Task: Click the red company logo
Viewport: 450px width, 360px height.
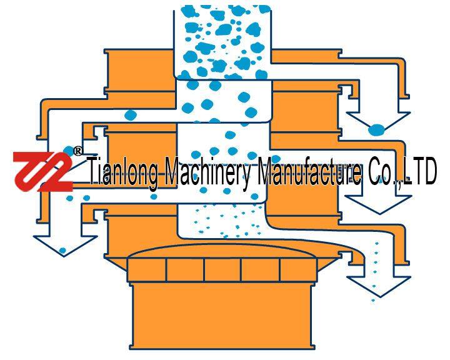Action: pos(42,171)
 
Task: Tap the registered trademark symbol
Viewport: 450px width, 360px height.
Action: pos(77,151)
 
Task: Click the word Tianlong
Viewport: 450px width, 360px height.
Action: pos(124,172)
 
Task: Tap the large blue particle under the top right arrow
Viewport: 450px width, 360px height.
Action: pos(376,131)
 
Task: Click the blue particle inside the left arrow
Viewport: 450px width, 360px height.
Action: pos(62,251)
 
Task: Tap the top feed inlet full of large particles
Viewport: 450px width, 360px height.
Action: pos(222,41)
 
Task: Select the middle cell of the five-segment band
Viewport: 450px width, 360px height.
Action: pos(222,269)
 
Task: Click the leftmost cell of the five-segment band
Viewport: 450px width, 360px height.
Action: pos(147,269)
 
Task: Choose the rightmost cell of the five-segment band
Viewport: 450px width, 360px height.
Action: pos(297,269)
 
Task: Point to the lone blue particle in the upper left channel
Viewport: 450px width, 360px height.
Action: pos(131,115)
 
